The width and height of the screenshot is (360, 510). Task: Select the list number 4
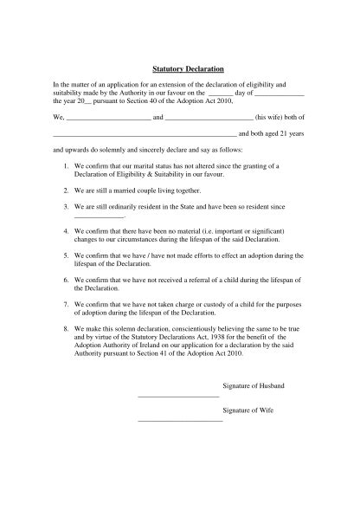coord(67,233)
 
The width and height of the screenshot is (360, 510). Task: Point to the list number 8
coord(67,330)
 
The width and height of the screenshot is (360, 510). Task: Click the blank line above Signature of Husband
coord(178,396)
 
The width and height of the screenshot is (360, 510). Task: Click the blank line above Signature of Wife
coord(180,420)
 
